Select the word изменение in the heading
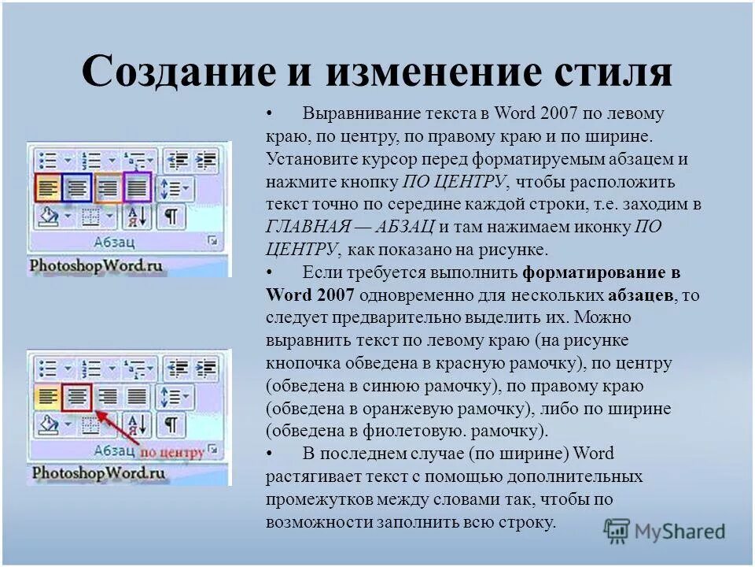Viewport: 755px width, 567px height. tap(417, 71)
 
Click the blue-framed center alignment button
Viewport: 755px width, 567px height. tap(78, 187)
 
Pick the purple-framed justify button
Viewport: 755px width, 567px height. tap(138, 187)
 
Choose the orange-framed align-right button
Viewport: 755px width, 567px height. tap(109, 187)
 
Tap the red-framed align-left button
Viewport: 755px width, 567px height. tap(49, 187)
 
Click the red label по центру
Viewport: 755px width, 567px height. tap(171, 452)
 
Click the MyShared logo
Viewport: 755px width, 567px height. tap(665, 531)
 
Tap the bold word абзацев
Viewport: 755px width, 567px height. tap(640, 295)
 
